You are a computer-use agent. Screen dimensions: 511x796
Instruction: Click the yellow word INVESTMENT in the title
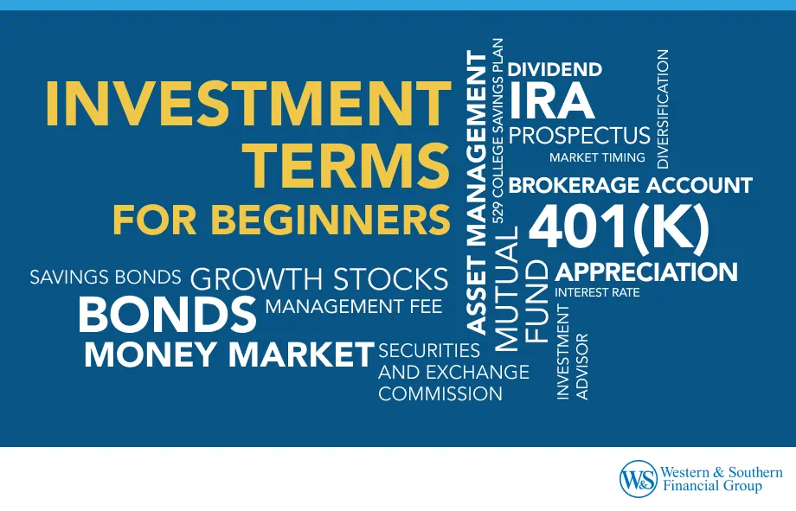click(x=247, y=105)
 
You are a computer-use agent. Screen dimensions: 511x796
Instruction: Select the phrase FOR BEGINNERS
click(x=281, y=220)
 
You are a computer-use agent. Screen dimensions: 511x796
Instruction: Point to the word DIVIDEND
click(x=555, y=70)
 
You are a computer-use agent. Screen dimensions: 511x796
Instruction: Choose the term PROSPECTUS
click(x=579, y=136)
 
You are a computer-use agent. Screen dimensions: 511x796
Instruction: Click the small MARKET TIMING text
click(x=597, y=158)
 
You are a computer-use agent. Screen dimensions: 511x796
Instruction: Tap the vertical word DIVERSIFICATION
click(x=664, y=108)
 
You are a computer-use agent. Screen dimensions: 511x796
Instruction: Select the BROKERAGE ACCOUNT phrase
click(x=630, y=185)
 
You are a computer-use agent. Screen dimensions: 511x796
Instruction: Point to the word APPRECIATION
click(x=646, y=272)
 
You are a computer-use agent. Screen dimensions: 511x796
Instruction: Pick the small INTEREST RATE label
click(x=597, y=293)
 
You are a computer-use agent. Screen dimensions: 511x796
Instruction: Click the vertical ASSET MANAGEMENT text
click(x=478, y=192)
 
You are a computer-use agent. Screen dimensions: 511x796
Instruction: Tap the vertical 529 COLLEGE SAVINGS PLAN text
click(x=498, y=130)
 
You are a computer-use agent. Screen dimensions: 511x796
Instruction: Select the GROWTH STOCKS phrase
click(x=318, y=279)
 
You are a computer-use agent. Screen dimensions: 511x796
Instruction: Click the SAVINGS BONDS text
click(x=106, y=278)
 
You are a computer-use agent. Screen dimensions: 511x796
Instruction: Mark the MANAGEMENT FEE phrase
click(x=353, y=306)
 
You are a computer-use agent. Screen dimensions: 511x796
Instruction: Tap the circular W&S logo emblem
click(x=638, y=478)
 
